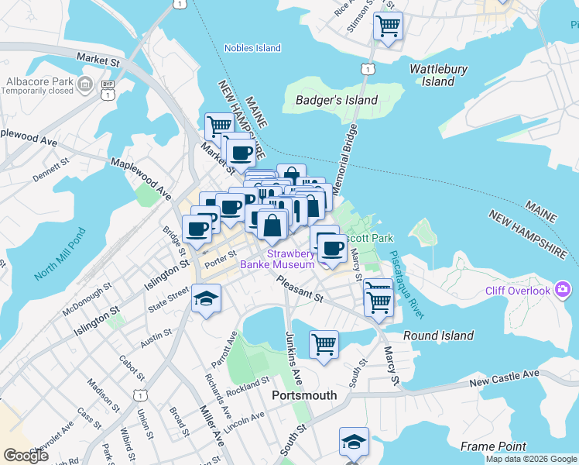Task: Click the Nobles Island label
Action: pyautogui.click(x=252, y=48)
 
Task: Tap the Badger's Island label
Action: pyautogui.click(x=337, y=100)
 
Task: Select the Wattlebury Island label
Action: pyautogui.click(x=438, y=75)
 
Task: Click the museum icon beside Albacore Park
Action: pyautogui.click(x=86, y=82)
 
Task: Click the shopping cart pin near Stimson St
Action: pyautogui.click(x=387, y=26)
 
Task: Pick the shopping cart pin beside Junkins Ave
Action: pyautogui.click(x=324, y=343)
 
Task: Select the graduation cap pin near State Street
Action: pyautogui.click(x=206, y=298)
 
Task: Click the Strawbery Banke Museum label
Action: pyautogui.click(x=291, y=259)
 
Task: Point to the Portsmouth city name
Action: pyautogui.click(x=304, y=395)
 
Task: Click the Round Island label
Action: pyautogui.click(x=438, y=336)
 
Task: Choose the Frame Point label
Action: pyautogui.click(x=493, y=446)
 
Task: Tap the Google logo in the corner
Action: pyautogui.click(x=26, y=456)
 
